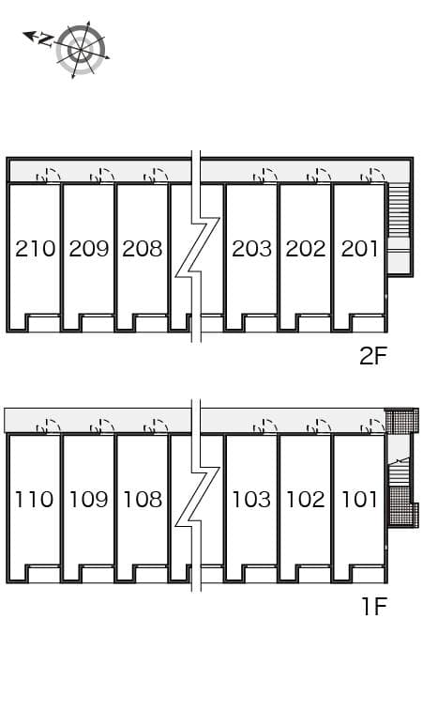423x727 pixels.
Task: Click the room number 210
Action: [x=35, y=249]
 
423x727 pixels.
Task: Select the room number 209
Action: [x=89, y=249]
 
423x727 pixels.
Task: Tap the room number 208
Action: [x=143, y=249]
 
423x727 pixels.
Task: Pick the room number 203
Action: [x=251, y=249]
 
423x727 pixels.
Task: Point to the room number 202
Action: [x=306, y=249]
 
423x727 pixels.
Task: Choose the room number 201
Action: [x=359, y=249]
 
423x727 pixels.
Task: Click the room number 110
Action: [x=35, y=499]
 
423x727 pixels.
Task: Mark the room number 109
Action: [x=89, y=499]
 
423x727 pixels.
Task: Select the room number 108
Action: [x=143, y=499]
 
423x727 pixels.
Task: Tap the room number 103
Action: [x=251, y=499]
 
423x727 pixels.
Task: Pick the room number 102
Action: [x=306, y=499]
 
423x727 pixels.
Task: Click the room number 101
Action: [x=359, y=499]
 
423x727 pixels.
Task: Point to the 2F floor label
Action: [x=372, y=356]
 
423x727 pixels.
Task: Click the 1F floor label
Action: [x=373, y=606]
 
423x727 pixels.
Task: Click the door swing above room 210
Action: [x=48, y=175]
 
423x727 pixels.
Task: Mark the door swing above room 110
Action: [x=48, y=425]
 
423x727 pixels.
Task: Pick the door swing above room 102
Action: [x=319, y=425]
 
